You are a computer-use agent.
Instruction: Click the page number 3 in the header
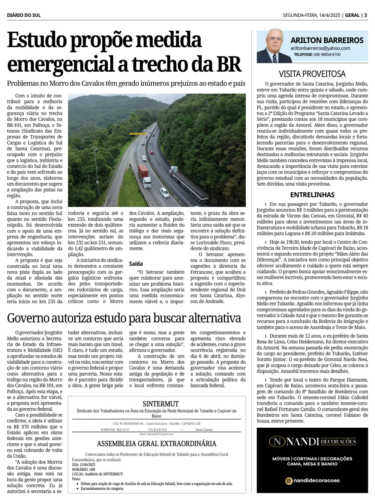pyautogui.click(x=366, y=15)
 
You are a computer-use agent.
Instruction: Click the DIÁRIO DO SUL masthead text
pyautogui.click(x=24, y=15)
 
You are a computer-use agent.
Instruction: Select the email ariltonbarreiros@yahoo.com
pyautogui.click(x=320, y=48)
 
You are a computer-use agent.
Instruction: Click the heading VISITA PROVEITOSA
pyautogui.click(x=312, y=74)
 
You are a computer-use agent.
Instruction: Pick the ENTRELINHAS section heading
pyautogui.click(x=312, y=195)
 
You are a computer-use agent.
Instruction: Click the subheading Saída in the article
pyautogui.click(x=136, y=264)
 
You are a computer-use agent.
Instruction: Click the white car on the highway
pyautogui.click(x=164, y=193)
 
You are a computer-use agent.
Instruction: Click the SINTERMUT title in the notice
pyautogui.click(x=160, y=404)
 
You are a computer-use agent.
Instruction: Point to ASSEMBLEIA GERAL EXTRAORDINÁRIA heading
pyautogui.click(x=156, y=444)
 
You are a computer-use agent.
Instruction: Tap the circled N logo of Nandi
pyautogui.click(x=277, y=442)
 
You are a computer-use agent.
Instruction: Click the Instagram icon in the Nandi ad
pyautogui.click(x=289, y=481)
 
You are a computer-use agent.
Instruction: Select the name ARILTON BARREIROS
pyautogui.click(x=327, y=40)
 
